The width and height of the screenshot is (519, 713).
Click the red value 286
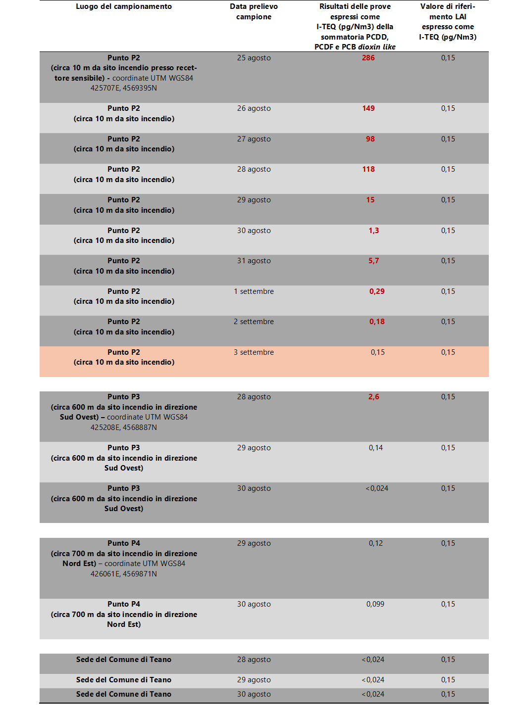tap(368, 58)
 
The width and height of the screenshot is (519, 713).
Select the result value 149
tap(368, 108)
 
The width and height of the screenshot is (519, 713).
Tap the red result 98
tap(370, 139)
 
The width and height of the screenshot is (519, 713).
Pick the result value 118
tap(368, 169)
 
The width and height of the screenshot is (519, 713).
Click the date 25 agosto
tap(254, 58)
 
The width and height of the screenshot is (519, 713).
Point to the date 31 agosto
tap(254, 261)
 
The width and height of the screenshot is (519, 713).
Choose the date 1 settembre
tap(254, 291)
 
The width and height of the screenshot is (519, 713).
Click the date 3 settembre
tap(254, 352)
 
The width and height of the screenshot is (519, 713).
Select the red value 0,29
tap(376, 291)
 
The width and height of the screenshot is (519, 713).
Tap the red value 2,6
tap(373, 397)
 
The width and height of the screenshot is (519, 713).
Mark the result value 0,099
tap(375, 604)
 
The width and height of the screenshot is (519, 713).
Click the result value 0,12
tap(375, 543)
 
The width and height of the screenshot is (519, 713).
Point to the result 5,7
tap(373, 261)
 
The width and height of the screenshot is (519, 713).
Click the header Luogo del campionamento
tap(124, 6)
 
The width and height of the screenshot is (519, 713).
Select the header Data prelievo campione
tap(254, 12)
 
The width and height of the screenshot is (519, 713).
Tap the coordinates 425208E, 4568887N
tap(123, 428)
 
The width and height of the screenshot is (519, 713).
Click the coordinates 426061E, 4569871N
tap(123, 574)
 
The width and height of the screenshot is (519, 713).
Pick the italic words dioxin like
tap(376, 47)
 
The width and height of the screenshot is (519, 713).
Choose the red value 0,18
tap(376, 322)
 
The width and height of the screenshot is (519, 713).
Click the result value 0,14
tap(375, 448)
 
